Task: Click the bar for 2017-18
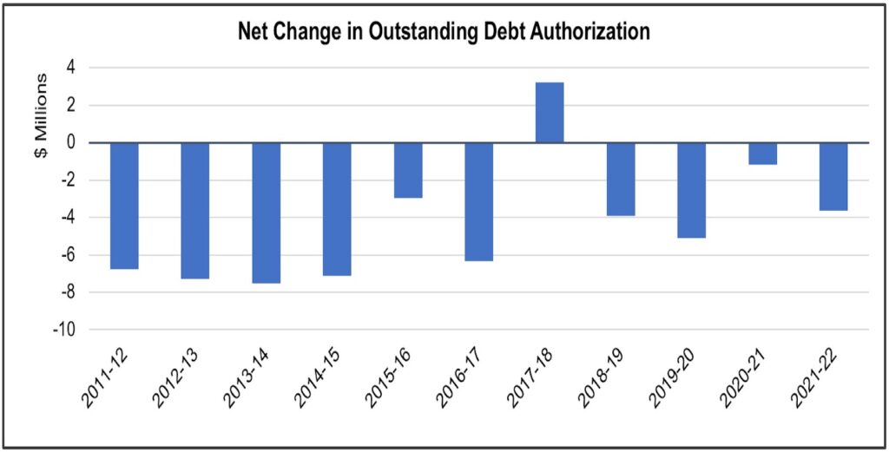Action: pos(550,112)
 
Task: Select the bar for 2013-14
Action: pos(266,213)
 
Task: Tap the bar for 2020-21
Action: pos(762,154)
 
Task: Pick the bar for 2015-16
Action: pos(408,171)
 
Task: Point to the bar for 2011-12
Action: pos(124,206)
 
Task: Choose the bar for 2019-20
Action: pos(691,190)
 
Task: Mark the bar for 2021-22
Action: pos(833,177)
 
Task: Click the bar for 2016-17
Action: pos(478,201)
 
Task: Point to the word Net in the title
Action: pos(254,33)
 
